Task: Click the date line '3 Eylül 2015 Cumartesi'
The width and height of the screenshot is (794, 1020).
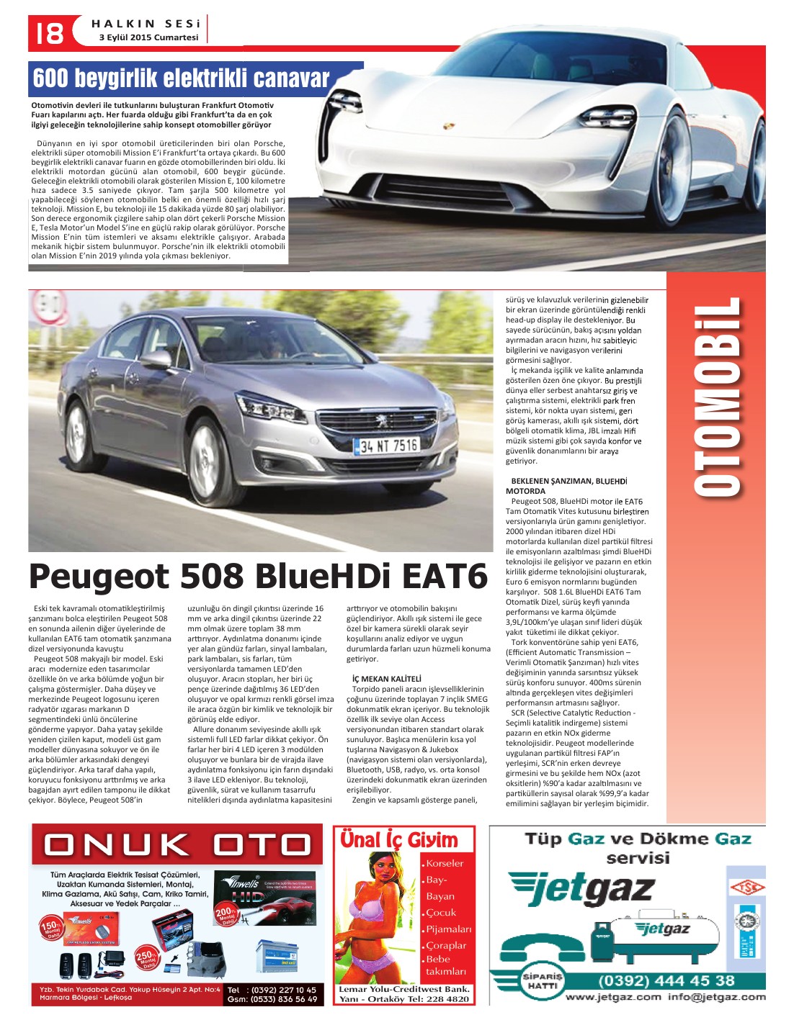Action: pos(148,37)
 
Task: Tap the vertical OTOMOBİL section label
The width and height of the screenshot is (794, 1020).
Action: pos(718,396)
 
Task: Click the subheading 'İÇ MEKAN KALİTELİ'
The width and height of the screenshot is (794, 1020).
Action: pos(387,679)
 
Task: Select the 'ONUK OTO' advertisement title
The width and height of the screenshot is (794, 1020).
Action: pos(177,847)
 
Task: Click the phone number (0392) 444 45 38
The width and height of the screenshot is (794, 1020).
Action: pos(666,980)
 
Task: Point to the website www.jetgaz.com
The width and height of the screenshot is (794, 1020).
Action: pos(612,997)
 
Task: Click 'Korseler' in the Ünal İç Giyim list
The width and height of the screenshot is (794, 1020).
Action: pos(445,863)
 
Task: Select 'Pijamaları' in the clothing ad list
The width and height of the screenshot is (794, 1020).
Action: pos(448,929)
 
